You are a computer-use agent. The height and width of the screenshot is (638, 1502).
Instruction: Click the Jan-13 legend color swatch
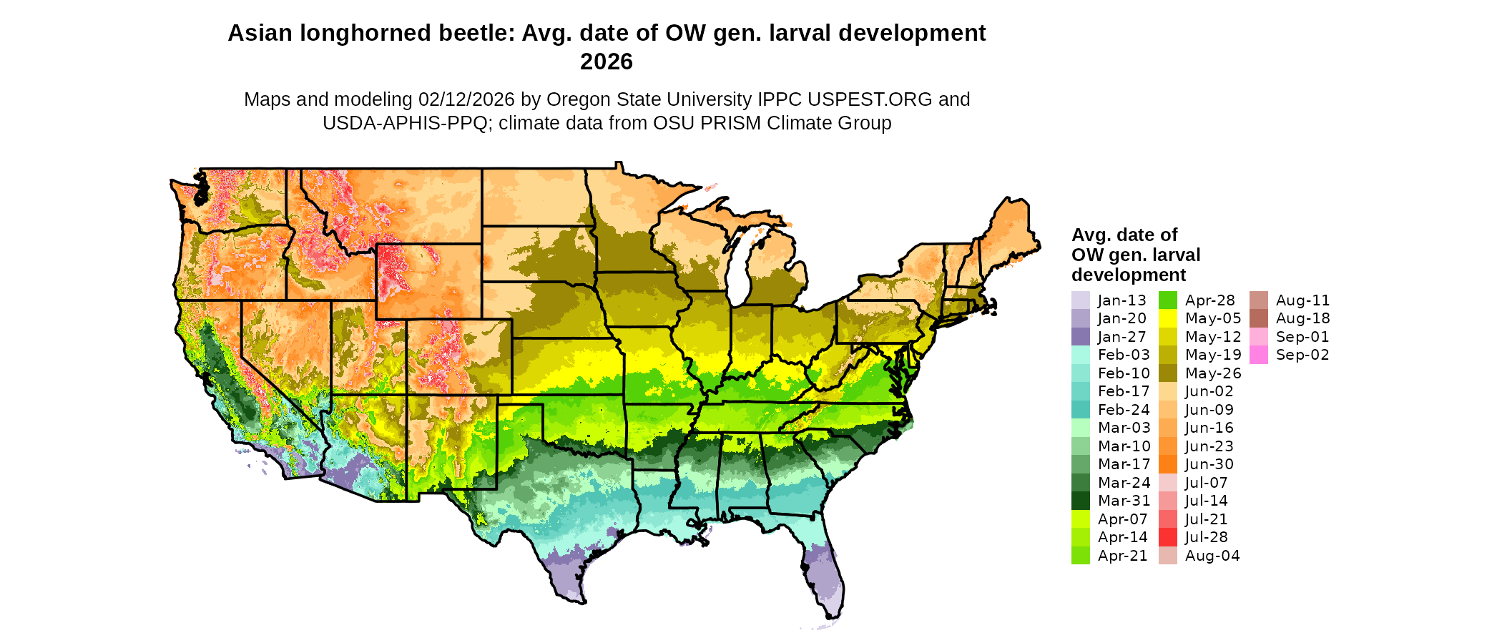[x=1080, y=300]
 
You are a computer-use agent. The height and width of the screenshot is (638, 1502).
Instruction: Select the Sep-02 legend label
[x=1302, y=355]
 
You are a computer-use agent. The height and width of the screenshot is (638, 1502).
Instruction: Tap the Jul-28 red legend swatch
[x=1167, y=537]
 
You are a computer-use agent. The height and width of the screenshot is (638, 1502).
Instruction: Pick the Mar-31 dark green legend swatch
[x=1080, y=501]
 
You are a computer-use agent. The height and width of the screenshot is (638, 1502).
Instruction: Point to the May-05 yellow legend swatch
[x=1167, y=318]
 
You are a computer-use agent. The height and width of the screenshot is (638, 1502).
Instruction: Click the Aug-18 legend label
[x=1302, y=318]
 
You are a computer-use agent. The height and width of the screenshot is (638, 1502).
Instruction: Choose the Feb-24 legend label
[x=1124, y=410]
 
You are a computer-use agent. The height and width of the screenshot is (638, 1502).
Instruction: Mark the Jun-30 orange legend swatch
[x=1167, y=464]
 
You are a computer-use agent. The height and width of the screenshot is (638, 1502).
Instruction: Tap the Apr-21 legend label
[x=1122, y=556]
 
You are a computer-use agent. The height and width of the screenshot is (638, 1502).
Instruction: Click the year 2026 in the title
[x=607, y=62]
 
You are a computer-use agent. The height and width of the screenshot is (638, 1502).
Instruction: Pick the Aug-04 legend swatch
[x=1167, y=556]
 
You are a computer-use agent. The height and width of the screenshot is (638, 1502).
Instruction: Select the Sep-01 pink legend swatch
[x=1258, y=337]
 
